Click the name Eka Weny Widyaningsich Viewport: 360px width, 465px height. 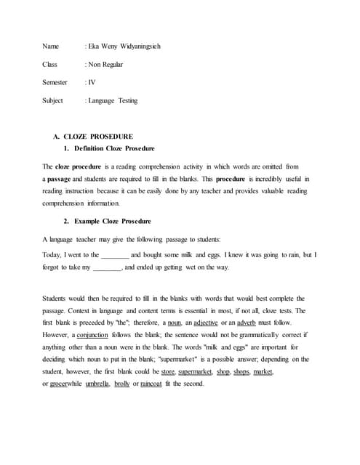tap(124, 46)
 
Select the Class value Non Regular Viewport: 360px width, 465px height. tap(106, 65)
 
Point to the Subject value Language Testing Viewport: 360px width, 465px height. tap(113, 101)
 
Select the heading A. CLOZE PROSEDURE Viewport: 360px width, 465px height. tap(93, 137)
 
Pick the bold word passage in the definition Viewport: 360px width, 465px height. tap(59, 179)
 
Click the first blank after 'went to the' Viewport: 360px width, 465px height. tap(114, 256)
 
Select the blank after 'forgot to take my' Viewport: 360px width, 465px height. tap(108, 268)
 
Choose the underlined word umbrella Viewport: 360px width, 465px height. tap(97, 384)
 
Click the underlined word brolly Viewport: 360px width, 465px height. tap(121, 384)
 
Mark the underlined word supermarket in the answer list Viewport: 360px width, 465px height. tap(195, 371)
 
